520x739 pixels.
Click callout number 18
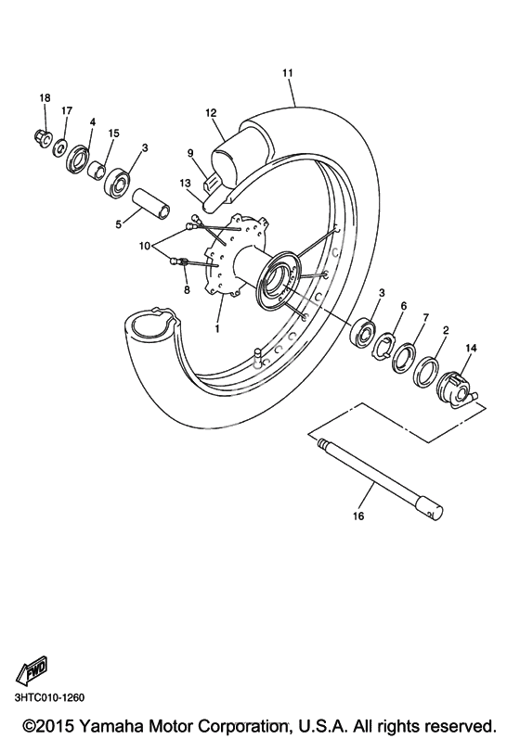point(45,98)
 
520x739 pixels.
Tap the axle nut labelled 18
point(42,137)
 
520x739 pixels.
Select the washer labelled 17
point(60,147)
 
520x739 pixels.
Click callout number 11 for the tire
point(287,72)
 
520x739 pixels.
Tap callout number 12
point(211,112)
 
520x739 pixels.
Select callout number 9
point(190,153)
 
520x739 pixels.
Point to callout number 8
point(187,290)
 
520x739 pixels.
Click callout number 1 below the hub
point(217,328)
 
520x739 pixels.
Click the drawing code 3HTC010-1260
point(49,697)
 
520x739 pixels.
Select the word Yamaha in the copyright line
point(111,724)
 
